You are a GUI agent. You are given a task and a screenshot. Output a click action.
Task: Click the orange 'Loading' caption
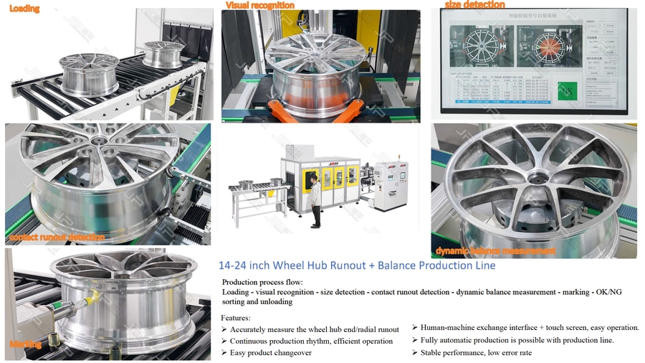pyautogui.click(x=24, y=9)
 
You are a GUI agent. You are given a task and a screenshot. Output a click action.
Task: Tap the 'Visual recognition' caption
pyautogui.click(x=259, y=5)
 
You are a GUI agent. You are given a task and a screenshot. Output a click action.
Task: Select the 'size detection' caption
pyautogui.click(x=474, y=5)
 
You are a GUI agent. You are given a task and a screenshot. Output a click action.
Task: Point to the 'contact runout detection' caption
pyautogui.click(x=57, y=237)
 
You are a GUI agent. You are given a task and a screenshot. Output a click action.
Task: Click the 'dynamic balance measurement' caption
pyautogui.click(x=495, y=251)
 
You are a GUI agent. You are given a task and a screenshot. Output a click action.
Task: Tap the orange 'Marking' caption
pyautogui.click(x=25, y=344)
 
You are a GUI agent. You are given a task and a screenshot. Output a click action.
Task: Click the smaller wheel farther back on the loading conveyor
pyautogui.click(x=163, y=53)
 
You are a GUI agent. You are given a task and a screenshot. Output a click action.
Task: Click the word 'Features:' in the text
pyautogui.click(x=236, y=317)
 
